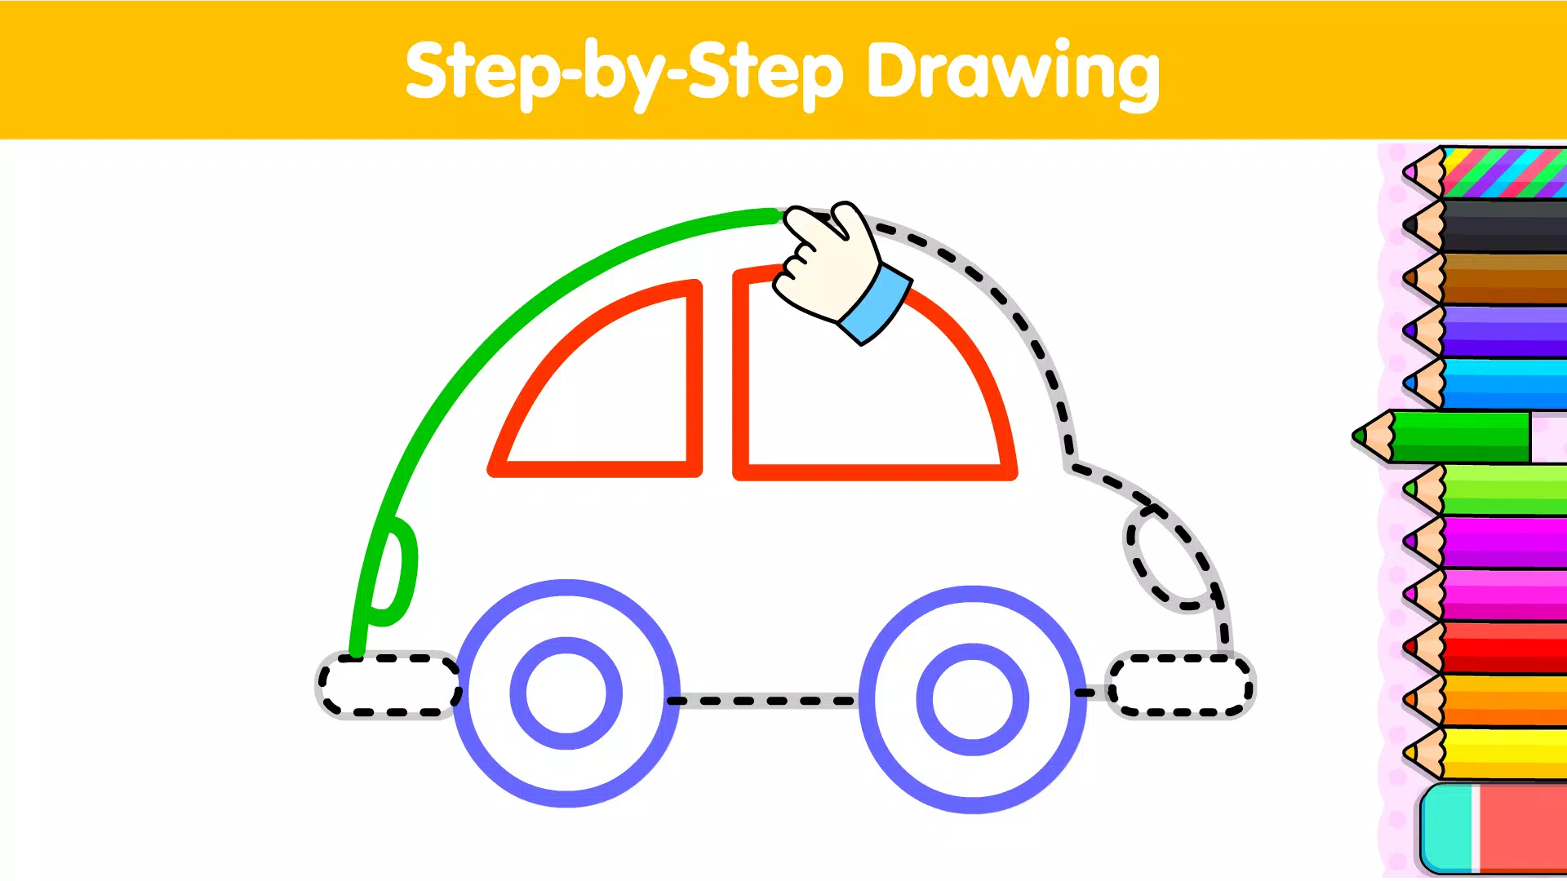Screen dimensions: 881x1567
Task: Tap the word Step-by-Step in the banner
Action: point(624,73)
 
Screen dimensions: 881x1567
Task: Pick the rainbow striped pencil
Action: point(1502,172)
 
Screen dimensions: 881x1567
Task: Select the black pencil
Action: point(1502,225)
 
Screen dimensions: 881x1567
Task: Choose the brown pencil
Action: point(1502,278)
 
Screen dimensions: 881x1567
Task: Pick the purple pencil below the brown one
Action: point(1502,331)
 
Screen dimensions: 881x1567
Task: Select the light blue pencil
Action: point(1502,383)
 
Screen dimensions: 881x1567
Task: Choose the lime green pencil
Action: point(1502,489)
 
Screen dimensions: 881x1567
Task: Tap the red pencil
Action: point(1502,648)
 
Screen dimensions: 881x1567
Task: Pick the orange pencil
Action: point(1502,700)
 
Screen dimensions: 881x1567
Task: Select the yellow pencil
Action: point(1502,753)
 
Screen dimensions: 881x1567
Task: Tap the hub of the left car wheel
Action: point(566,693)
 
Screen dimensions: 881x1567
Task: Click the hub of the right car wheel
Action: point(973,699)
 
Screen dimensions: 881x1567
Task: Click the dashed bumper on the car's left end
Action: point(388,685)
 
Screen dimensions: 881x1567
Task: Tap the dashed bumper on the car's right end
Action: point(1180,685)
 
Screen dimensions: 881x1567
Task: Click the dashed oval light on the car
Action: point(1169,559)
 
